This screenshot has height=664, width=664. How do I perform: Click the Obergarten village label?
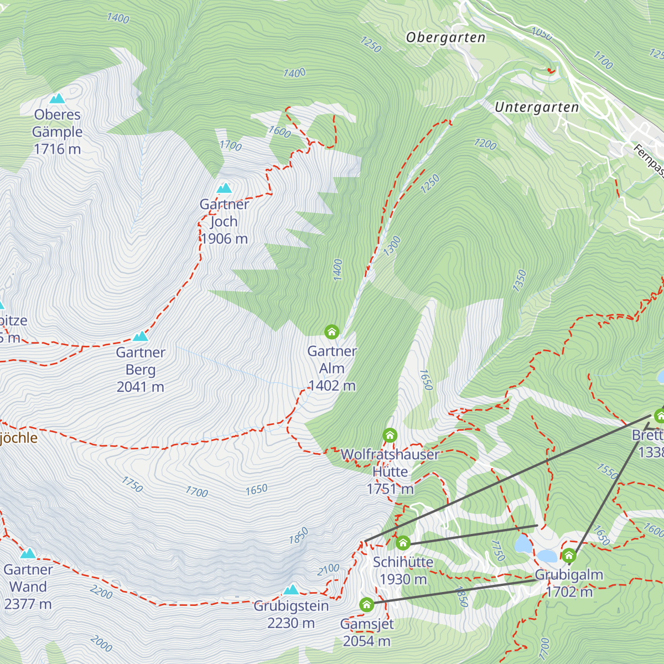(445, 38)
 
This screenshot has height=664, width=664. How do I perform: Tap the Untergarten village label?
(536, 107)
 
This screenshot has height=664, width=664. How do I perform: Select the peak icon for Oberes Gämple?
(57, 99)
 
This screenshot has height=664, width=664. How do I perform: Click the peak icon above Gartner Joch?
(224, 189)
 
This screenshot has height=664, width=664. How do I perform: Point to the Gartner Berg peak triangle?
(141, 336)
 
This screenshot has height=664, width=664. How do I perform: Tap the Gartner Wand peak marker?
(28, 554)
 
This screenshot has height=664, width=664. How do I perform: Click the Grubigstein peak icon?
(291, 590)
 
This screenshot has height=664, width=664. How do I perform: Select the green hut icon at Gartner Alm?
(331, 332)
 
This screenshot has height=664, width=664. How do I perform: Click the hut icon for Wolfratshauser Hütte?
(390, 435)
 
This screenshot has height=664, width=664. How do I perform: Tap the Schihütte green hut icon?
(403, 543)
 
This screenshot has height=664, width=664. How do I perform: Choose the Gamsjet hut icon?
(367, 605)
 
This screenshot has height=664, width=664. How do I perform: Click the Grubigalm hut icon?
(569, 555)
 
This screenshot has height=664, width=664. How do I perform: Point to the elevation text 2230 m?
(291, 624)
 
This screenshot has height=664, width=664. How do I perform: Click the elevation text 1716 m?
(57, 149)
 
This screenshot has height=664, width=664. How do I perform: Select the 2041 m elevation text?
(141, 387)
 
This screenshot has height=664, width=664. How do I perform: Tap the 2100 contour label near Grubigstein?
(328, 569)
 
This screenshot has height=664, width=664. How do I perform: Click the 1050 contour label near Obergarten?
(542, 34)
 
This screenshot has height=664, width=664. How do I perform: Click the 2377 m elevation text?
(28, 605)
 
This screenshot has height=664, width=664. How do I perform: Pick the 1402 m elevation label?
(332, 386)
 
